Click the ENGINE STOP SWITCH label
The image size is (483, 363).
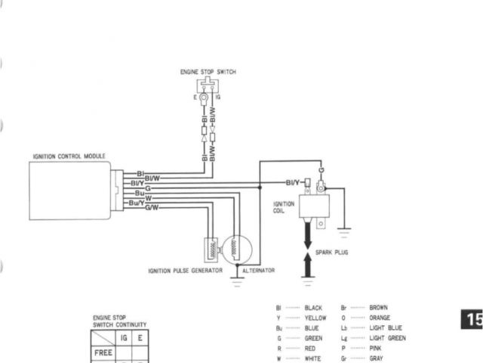pos(208,72)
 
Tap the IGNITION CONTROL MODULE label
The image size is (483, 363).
pos(69,157)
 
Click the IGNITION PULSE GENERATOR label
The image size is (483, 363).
pos(185,270)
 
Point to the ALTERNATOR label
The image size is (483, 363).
pos(258,270)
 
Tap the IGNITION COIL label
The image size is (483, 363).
pos(284,207)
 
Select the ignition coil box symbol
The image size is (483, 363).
pos(314,206)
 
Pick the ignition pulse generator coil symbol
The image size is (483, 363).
pos(208,249)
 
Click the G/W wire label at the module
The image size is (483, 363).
pos(152,207)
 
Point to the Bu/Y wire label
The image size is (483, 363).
pos(137,202)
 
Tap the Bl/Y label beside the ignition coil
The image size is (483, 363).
pos(292,182)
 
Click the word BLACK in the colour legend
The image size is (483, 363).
pos(313,308)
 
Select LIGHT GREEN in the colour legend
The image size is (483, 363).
pos(387,338)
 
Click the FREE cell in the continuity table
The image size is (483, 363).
pos(103,352)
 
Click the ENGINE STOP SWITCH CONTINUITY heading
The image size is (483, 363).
pos(119,321)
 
